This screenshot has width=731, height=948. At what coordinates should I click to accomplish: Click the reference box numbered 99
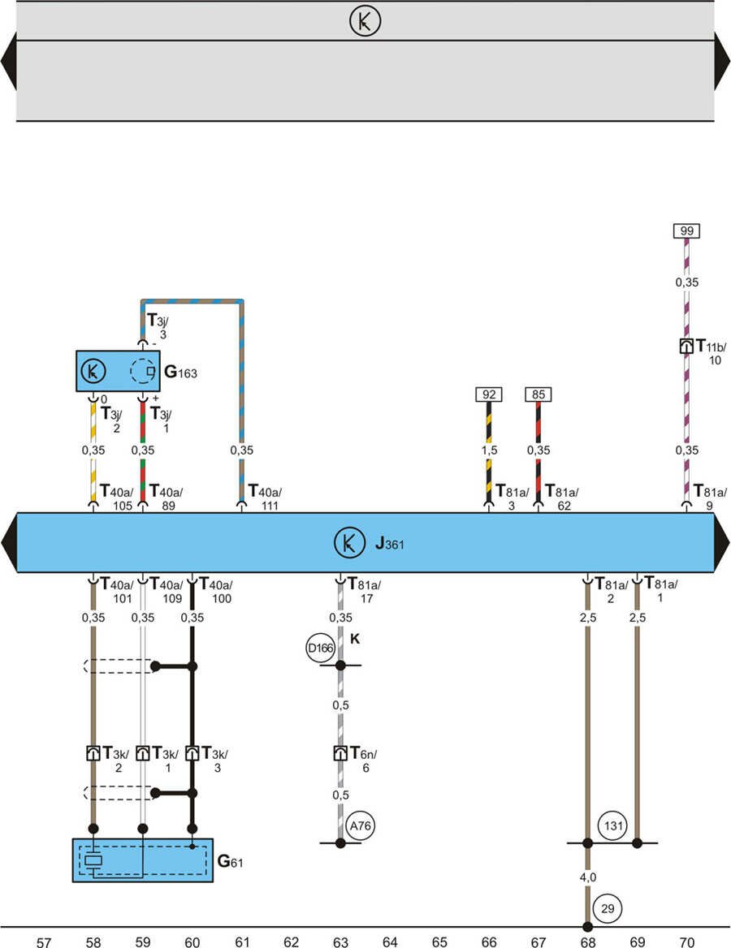(x=686, y=231)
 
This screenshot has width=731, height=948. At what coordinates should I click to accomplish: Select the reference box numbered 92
(x=489, y=395)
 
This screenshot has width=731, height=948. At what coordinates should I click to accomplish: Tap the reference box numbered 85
(x=539, y=395)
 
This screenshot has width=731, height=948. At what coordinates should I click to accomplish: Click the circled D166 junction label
(x=321, y=649)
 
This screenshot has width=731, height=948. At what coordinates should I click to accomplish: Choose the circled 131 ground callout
(x=613, y=827)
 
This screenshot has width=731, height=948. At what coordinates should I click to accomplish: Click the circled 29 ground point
(x=606, y=907)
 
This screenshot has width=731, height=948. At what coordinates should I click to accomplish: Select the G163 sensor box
(x=118, y=372)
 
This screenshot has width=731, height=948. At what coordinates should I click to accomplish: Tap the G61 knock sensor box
(x=142, y=860)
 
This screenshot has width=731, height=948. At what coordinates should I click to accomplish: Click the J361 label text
(x=390, y=544)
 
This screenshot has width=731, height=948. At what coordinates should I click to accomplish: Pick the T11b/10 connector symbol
(x=686, y=347)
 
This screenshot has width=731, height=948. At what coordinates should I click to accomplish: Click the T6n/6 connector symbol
(x=341, y=753)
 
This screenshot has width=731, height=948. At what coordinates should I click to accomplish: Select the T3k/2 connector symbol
(x=93, y=753)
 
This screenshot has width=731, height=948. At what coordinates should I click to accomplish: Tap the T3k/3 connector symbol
(x=192, y=753)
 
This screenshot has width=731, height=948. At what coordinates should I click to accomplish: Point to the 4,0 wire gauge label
(x=586, y=877)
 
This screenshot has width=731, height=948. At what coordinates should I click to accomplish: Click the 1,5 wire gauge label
(x=488, y=450)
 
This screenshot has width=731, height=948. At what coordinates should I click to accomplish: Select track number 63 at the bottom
(x=340, y=942)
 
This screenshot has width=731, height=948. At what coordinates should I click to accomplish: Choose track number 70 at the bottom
(x=686, y=942)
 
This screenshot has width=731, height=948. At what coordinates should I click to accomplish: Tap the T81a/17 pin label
(x=364, y=590)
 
